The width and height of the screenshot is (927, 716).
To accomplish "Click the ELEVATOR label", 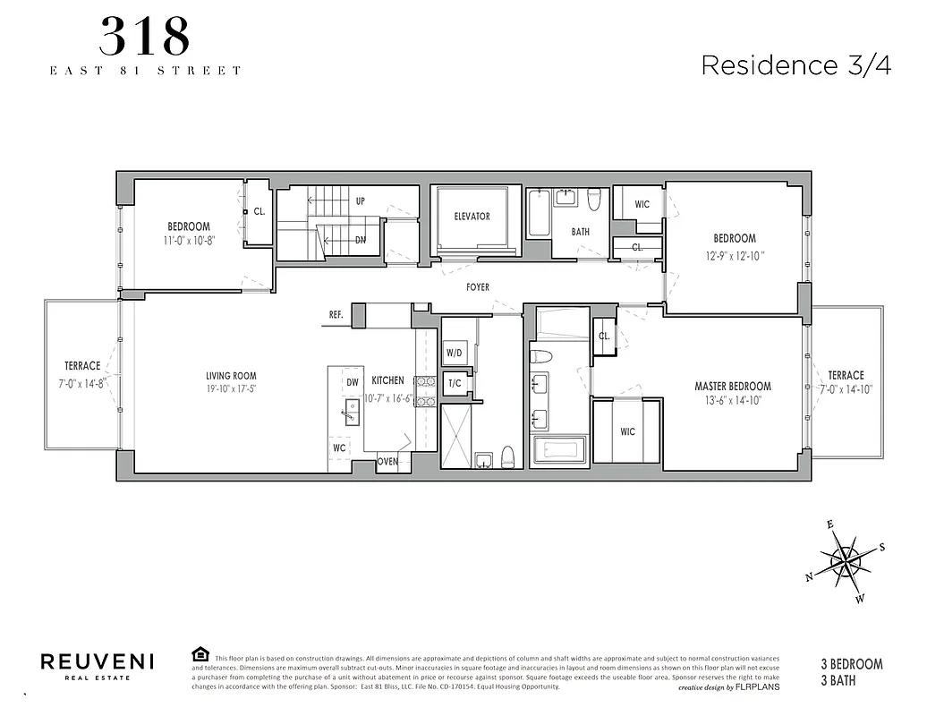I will point(472,217).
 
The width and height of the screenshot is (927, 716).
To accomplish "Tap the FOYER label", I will point(478,287).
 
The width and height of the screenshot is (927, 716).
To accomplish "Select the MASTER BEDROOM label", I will point(733,387).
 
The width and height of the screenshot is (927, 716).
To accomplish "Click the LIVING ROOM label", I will point(231,376).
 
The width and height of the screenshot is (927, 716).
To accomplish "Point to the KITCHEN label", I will point(387,380).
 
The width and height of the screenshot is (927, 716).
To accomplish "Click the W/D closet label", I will point(454,352).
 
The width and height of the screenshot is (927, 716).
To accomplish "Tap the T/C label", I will point(454,383).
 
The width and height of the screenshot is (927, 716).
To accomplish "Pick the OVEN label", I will point(387,462).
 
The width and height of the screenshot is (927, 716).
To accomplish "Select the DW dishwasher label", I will point(352,382).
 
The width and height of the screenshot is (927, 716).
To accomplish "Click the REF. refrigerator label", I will point(336,315).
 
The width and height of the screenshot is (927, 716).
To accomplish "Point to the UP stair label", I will point(360,201).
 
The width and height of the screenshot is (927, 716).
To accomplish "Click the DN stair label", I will point(360,240).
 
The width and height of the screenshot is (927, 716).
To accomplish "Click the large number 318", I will point(144,37).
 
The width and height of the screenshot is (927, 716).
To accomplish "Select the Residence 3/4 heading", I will point(795,65).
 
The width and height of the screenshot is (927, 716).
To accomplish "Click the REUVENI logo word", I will point(98,661).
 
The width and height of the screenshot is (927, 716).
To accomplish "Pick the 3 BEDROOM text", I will point(851,664).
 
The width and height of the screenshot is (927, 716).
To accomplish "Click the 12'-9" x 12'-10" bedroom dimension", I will point(735,254).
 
